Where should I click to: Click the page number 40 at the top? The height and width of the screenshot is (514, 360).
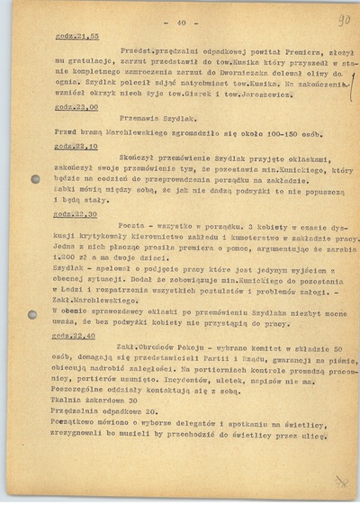[x=179, y=18]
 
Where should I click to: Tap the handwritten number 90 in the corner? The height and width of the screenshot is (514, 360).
[x=343, y=18]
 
